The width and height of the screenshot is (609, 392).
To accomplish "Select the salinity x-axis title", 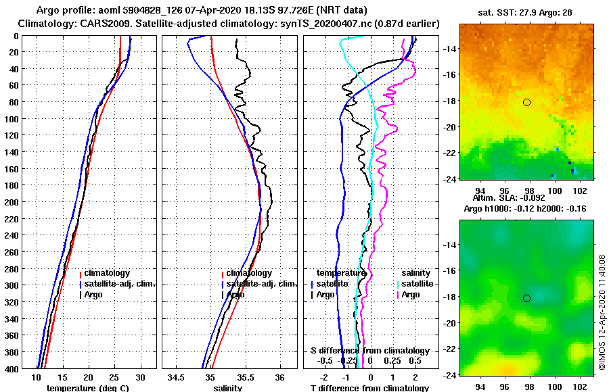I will (x=229, y=388).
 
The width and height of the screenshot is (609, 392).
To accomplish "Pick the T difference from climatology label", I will (x=369, y=388).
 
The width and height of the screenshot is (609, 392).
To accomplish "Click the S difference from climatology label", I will (x=369, y=351).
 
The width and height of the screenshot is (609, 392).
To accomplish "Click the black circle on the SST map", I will (x=526, y=102).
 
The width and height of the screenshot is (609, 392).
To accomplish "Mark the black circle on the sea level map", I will (x=526, y=298).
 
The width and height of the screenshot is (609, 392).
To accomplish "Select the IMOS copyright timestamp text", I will (x=602, y=312).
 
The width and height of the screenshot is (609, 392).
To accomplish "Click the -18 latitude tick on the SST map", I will (x=448, y=101).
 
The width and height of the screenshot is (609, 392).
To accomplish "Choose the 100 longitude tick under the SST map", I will (x=555, y=191).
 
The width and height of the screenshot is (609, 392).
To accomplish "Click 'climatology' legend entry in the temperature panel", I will (x=106, y=273).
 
